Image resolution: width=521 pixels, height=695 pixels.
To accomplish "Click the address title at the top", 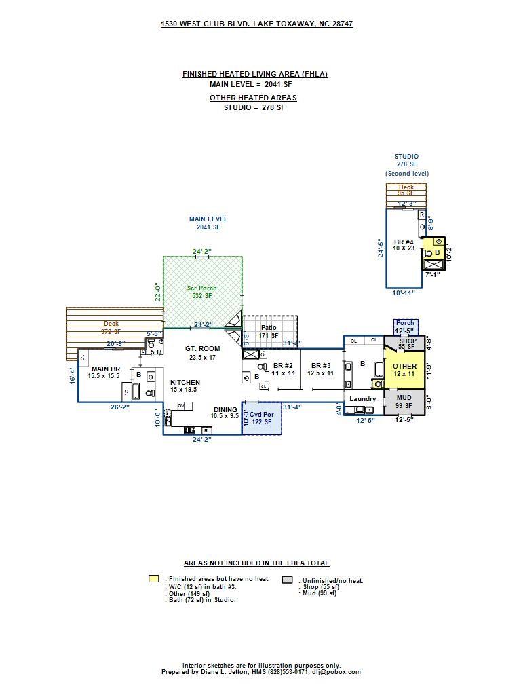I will (x=256, y=24).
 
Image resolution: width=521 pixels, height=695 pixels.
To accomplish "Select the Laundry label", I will (x=362, y=399).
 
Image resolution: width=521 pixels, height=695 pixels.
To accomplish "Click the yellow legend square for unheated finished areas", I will (x=154, y=579).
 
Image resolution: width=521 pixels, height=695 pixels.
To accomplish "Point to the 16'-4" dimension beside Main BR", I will (x=71, y=375).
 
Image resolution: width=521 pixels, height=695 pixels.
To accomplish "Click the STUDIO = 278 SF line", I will (x=254, y=107).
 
